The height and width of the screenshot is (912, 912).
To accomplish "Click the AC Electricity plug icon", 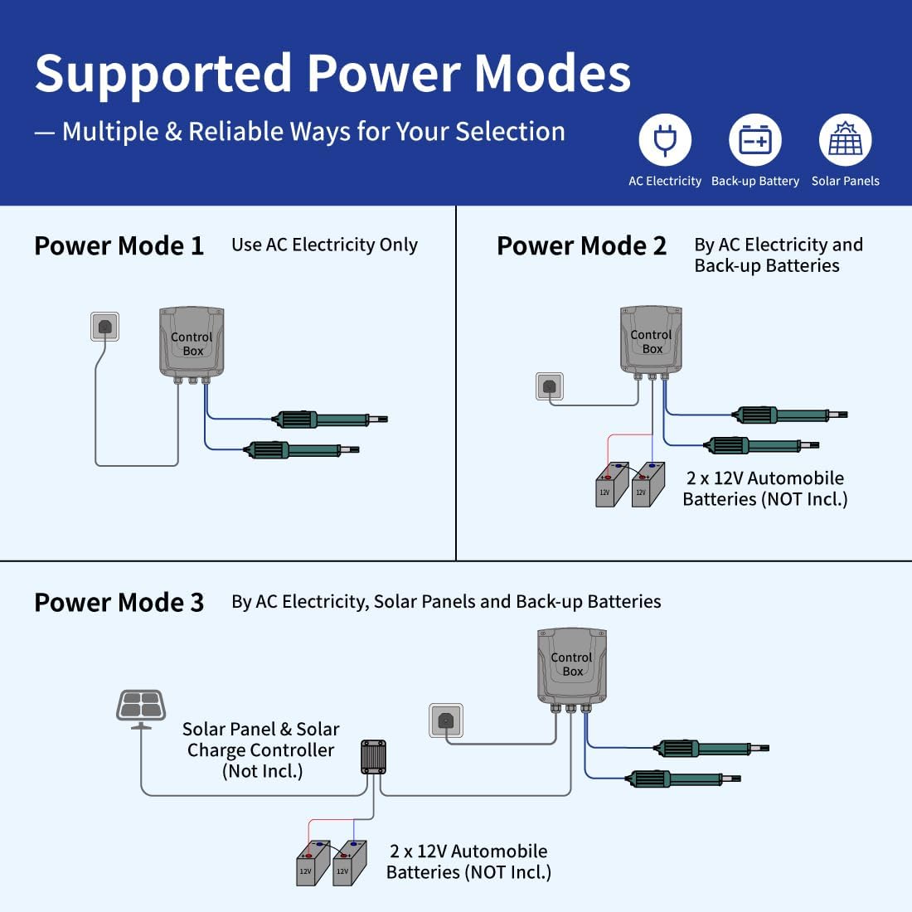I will click(665, 140).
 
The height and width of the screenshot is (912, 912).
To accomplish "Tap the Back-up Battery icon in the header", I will click(755, 140).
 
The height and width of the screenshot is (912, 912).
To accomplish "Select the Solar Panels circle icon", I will click(845, 140).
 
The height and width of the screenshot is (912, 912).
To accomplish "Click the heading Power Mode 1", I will click(119, 246).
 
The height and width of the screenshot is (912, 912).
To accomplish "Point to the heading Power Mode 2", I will click(581, 246).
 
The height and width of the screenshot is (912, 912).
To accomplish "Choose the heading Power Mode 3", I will click(119, 603).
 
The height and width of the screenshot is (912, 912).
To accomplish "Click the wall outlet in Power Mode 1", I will click(104, 327).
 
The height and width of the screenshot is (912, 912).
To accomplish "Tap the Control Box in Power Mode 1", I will click(192, 342).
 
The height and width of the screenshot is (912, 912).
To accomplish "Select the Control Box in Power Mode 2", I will click(652, 340).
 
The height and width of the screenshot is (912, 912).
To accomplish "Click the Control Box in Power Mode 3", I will click(572, 663).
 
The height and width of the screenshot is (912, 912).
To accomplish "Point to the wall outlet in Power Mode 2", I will click(549, 386).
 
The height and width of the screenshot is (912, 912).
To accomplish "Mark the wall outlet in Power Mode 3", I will click(445, 720).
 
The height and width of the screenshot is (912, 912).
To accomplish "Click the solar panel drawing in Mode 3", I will click(141, 706).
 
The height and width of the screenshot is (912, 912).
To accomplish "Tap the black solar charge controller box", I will click(373, 756).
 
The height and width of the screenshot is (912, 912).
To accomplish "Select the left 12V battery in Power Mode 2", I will click(611, 485).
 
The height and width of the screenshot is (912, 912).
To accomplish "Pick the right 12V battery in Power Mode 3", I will click(349, 864).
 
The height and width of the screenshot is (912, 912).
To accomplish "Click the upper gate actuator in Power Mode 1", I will click(327, 420).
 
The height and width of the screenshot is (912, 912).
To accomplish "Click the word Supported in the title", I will click(164, 75).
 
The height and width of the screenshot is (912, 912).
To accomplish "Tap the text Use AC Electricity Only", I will click(324, 245).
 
